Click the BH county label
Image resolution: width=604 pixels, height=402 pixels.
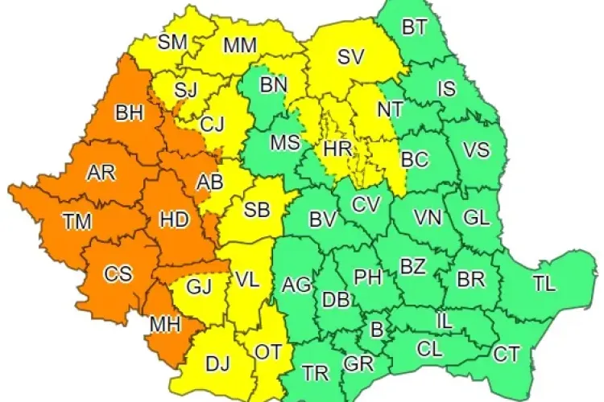pos(129,113)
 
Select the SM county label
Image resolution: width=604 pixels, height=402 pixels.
pos(172,42)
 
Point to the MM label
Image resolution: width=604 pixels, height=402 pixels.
pos(239,45)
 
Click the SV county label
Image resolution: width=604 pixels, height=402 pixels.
pos(350,56)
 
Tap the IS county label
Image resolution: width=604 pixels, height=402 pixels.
pos(446,88)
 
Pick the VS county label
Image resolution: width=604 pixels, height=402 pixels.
pos(475,151)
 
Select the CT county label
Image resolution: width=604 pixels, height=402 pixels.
pos(506,352)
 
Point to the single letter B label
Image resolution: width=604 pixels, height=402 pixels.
pos(375,329)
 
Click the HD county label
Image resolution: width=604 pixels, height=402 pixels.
pos(174,218)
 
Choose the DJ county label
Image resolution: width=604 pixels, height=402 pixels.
pos(217,363)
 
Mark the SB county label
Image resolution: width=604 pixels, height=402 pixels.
pos(256,211)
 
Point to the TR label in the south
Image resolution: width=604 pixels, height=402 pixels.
pos(316,372)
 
